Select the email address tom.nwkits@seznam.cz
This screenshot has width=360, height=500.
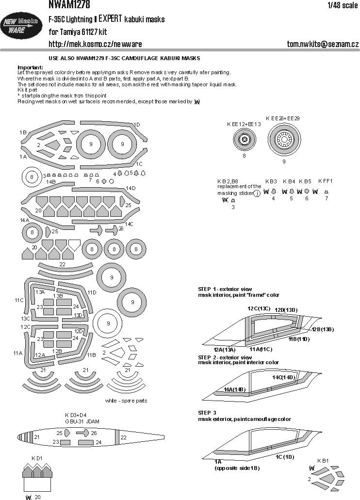(323, 44)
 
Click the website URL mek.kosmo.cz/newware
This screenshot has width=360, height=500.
(95, 44)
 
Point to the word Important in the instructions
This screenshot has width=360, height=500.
(30, 67)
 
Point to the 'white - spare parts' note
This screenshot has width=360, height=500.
(126, 401)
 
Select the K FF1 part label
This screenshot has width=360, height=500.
(326, 181)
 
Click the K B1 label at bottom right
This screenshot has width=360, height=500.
(323, 460)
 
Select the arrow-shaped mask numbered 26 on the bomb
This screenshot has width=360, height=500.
(83, 433)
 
